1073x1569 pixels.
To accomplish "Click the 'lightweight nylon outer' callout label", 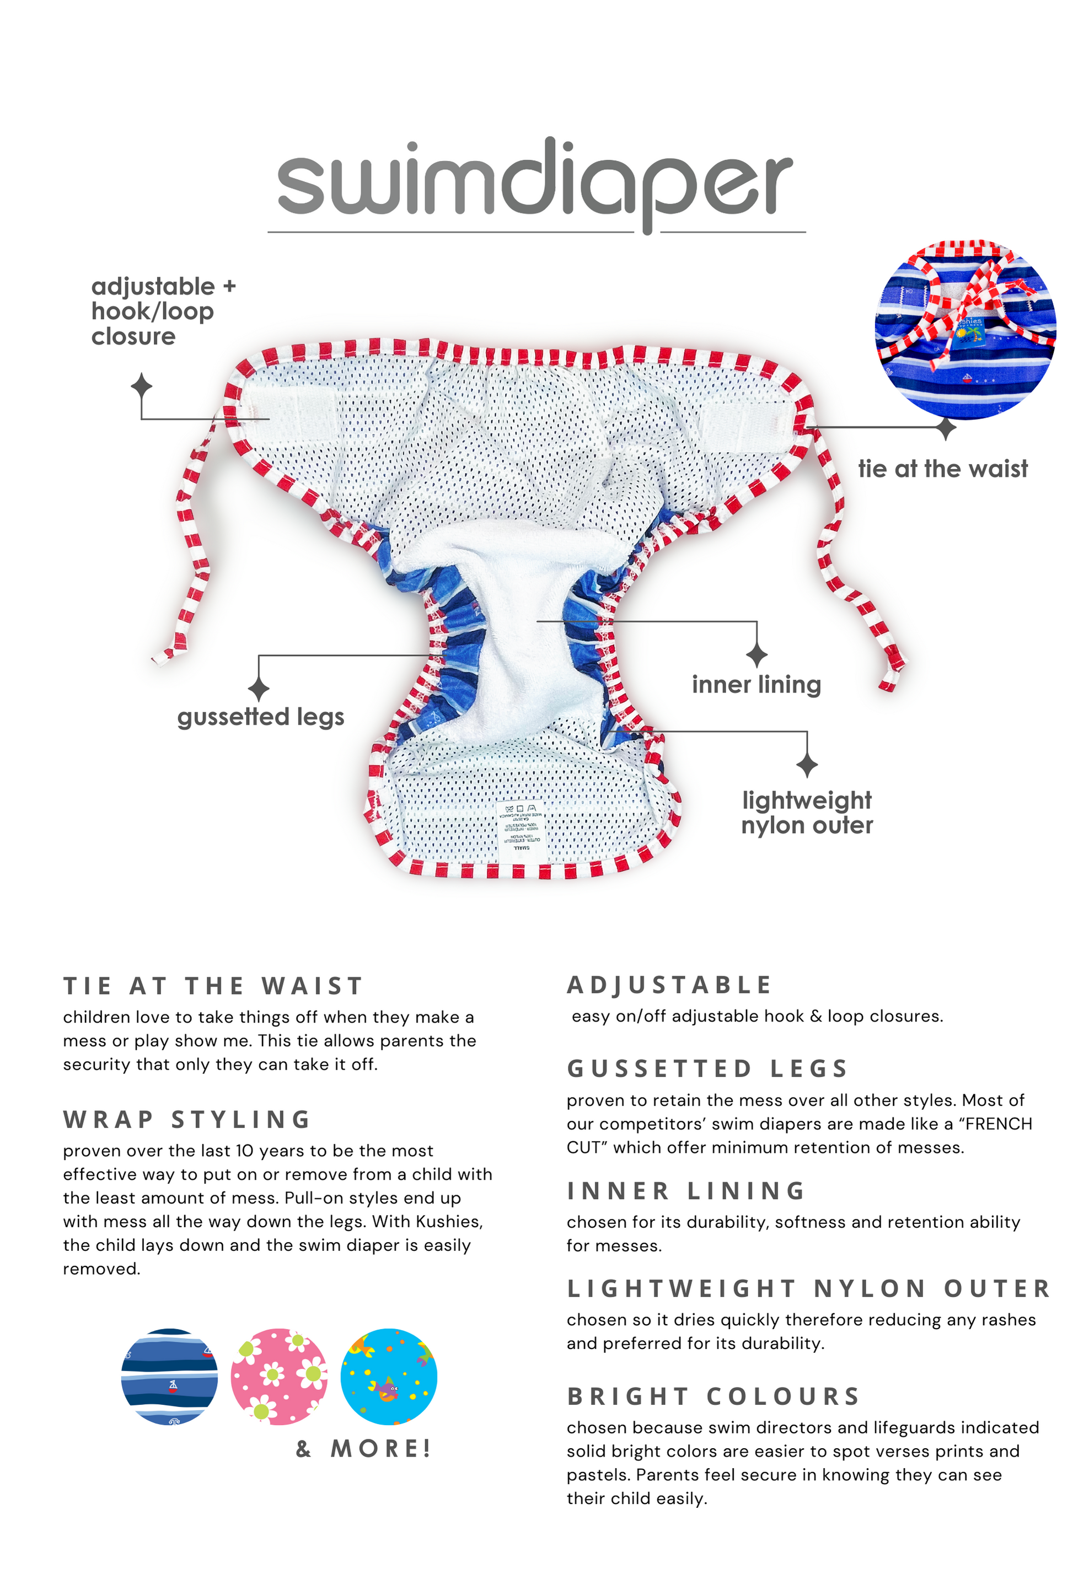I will pos(806,812).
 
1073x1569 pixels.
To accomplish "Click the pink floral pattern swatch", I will pos(278,1377).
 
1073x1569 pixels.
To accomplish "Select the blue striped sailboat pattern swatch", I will pos(169,1377).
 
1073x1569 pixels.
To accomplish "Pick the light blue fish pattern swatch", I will pos(388,1377).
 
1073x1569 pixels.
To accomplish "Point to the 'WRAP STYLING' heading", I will pos(186,1119).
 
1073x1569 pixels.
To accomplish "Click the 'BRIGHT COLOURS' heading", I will pos(713,1396).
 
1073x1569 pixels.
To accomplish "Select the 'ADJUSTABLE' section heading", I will pos(668,985).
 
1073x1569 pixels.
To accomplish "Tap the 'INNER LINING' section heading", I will pos(685,1191).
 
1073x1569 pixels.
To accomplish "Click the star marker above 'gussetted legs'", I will pos(259,689).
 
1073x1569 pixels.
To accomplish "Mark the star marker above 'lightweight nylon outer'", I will pos(807,765).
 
